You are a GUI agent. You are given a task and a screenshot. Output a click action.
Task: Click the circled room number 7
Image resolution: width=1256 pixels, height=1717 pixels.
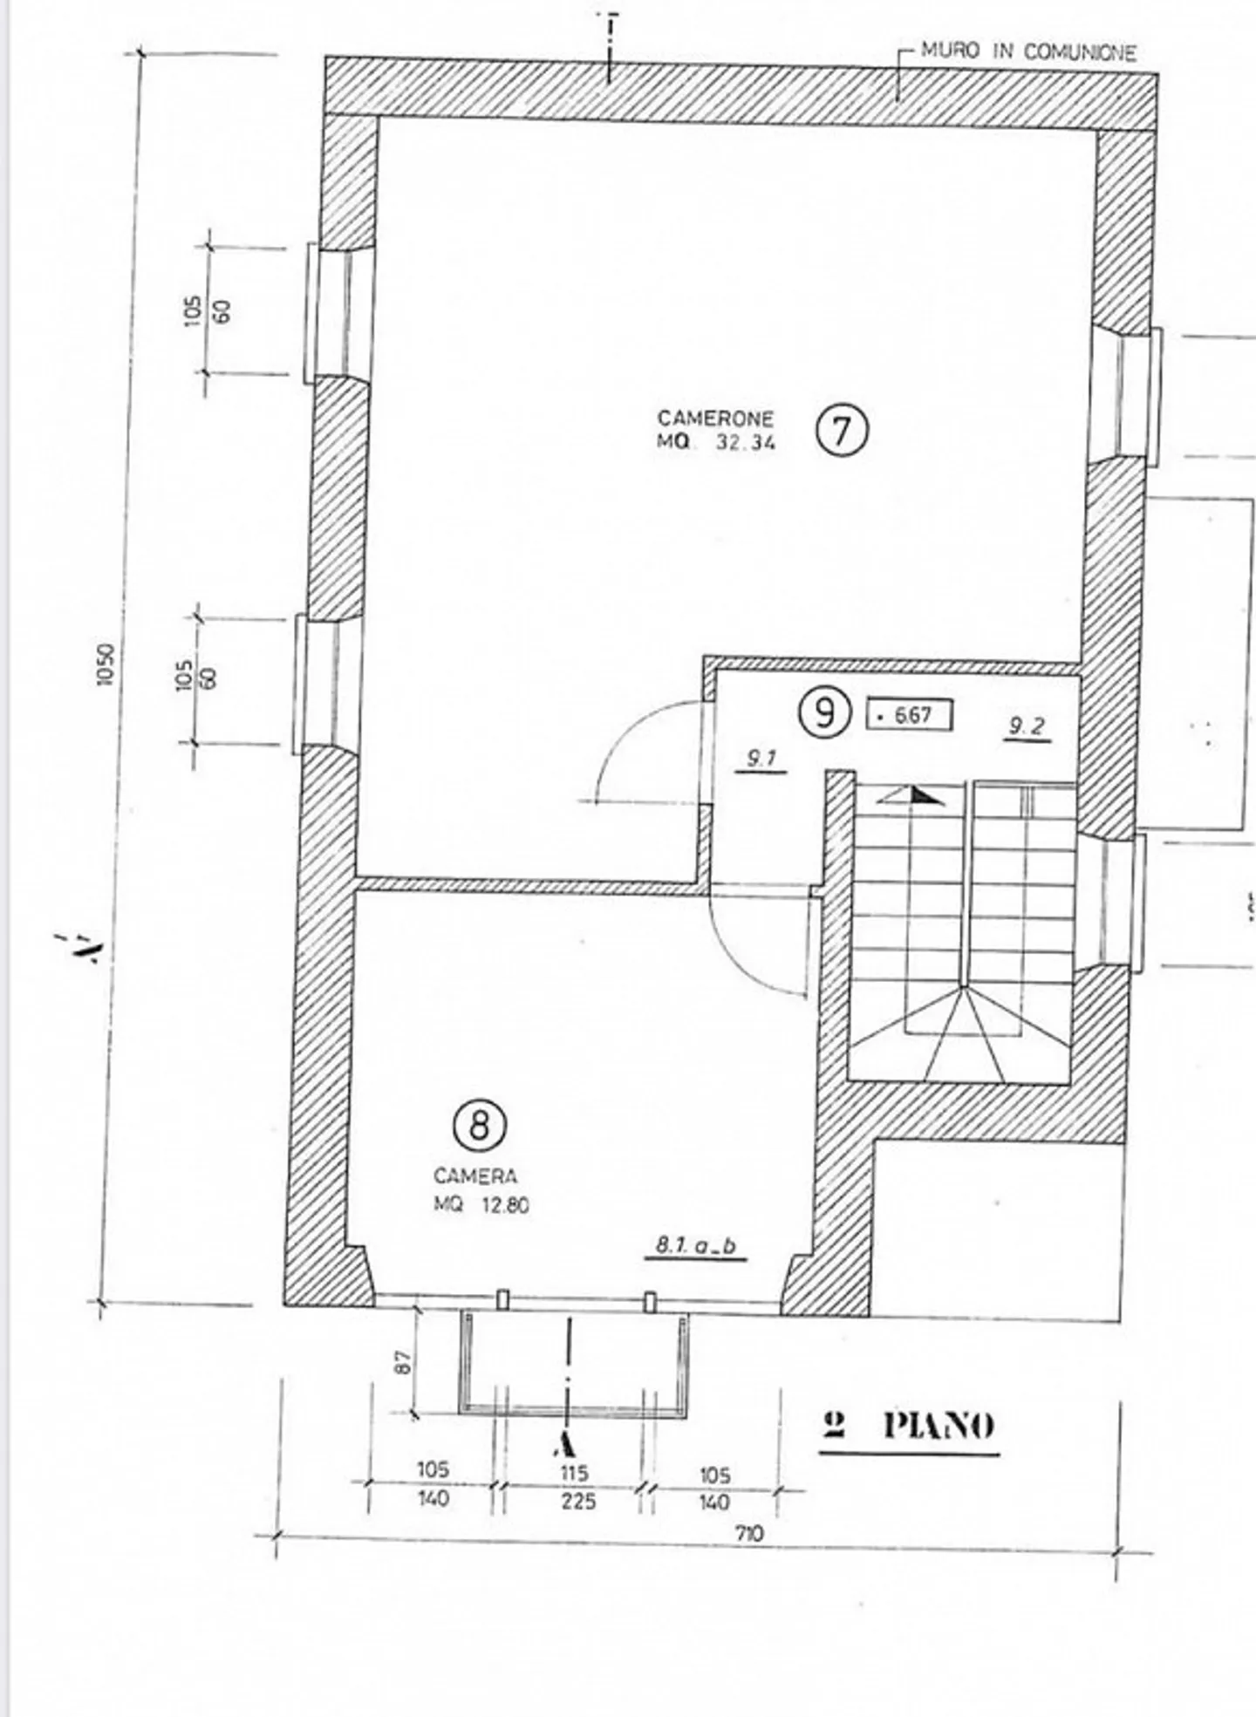click(x=842, y=432)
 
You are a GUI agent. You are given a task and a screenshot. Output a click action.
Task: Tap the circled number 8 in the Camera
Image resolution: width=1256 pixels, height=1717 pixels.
click(x=479, y=1126)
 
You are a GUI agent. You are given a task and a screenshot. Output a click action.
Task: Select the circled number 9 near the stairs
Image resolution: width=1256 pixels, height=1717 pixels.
click(x=823, y=713)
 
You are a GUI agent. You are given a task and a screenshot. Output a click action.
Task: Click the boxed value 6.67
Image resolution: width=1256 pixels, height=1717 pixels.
click(x=908, y=716)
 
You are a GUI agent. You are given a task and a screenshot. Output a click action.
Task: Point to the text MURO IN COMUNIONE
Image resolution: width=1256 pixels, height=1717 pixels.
click(x=1028, y=52)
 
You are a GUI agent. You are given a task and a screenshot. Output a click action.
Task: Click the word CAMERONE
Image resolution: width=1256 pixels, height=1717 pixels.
click(x=715, y=419)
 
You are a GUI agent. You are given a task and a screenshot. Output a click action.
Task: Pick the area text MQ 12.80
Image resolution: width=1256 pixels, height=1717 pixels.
click(x=481, y=1206)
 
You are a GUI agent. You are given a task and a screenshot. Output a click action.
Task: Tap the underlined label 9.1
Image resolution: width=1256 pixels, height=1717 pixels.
click(x=761, y=760)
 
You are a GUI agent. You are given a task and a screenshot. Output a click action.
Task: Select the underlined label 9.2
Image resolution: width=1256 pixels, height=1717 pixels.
click(x=1026, y=726)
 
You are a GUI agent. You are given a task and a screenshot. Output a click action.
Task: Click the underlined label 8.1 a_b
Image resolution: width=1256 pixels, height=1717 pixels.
click(x=696, y=1246)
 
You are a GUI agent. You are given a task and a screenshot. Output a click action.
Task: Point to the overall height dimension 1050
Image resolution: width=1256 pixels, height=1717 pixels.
click(x=106, y=664)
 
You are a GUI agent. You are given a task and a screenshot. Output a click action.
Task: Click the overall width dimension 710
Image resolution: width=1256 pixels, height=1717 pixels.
click(x=748, y=1534)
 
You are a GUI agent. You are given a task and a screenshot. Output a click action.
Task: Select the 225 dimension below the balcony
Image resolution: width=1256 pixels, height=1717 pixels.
click(x=577, y=1502)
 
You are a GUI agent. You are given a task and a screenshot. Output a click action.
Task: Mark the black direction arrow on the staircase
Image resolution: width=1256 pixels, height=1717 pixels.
click(x=923, y=795)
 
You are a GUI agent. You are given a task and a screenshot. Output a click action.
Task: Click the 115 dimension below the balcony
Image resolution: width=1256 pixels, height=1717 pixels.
click(x=574, y=1473)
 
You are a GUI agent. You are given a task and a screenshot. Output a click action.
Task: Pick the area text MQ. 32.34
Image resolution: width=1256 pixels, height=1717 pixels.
click(x=715, y=442)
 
